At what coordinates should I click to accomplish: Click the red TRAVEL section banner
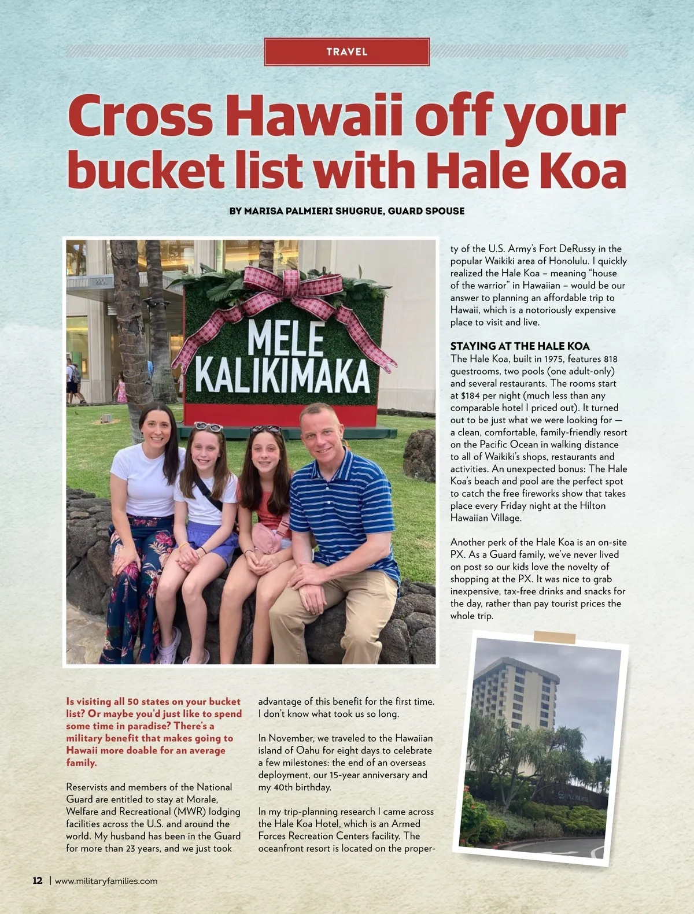(347, 51)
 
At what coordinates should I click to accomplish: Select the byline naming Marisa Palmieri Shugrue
(347, 211)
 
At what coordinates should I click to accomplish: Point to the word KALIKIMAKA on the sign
(282, 376)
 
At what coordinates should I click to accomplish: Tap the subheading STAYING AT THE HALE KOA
(520, 346)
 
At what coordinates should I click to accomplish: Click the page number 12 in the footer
(38, 880)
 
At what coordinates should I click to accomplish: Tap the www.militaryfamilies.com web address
(106, 881)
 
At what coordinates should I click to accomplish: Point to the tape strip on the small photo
(554, 637)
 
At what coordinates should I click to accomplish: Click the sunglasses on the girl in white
(209, 427)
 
